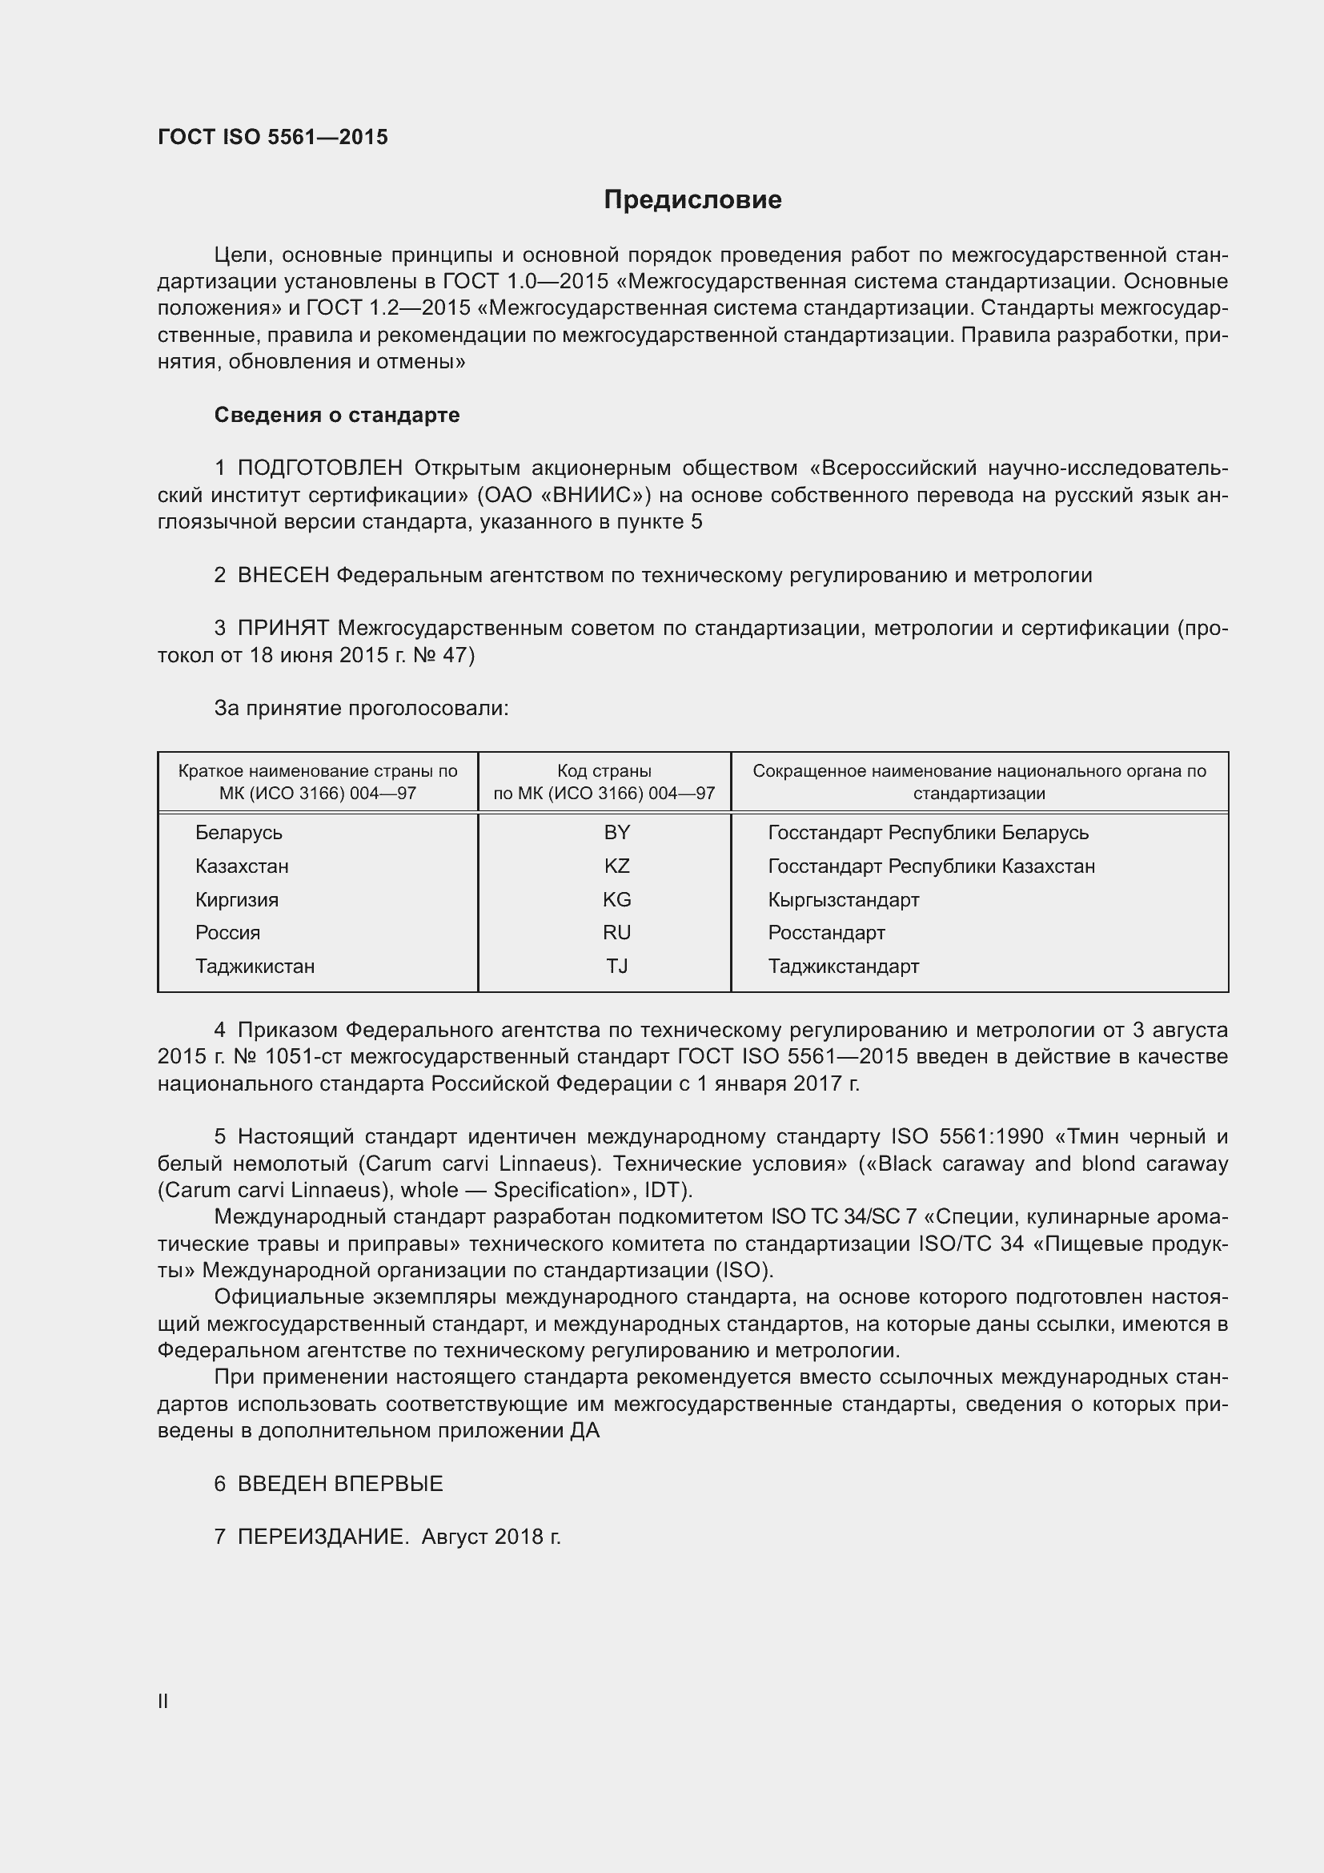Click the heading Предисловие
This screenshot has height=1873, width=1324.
tap(692, 200)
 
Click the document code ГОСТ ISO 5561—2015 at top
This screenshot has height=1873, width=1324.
tap(272, 137)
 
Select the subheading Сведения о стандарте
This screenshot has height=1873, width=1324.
tap(337, 416)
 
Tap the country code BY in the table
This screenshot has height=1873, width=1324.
tap(616, 832)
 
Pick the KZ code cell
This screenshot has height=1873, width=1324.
tap(616, 866)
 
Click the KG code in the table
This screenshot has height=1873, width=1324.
tap(616, 899)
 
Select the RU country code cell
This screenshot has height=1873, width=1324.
tap(616, 932)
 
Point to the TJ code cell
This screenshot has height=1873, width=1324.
tap(616, 966)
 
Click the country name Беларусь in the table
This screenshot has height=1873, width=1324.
tap(238, 832)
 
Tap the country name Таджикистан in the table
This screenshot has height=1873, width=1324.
tap(255, 966)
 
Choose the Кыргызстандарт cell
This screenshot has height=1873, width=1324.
tap(843, 900)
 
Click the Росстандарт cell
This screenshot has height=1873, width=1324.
tap(826, 932)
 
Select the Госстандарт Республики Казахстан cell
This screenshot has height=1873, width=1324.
tap(931, 866)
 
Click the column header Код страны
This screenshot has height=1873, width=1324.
tap(604, 771)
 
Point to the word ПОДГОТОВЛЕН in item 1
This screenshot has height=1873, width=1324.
tap(319, 468)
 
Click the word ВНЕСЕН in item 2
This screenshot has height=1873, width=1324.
tap(283, 575)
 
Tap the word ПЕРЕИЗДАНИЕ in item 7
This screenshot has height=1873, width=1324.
tap(322, 1537)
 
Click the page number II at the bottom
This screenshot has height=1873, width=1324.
tap(163, 1701)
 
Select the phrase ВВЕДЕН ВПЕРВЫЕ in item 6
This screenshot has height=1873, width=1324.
tap(340, 1484)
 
